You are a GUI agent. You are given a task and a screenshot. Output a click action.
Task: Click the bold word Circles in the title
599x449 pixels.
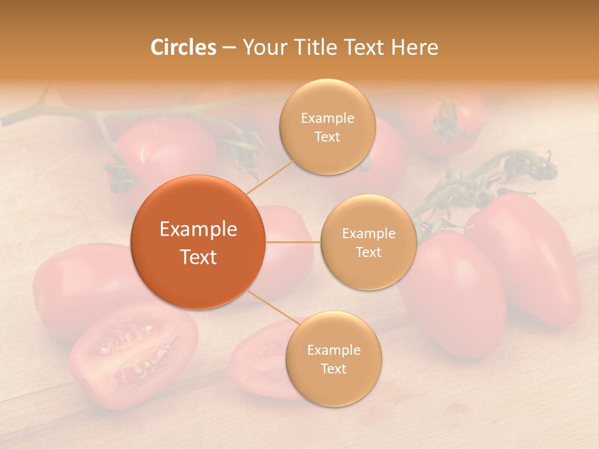(183, 47)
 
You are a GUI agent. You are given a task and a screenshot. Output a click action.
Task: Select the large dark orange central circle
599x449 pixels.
(198, 242)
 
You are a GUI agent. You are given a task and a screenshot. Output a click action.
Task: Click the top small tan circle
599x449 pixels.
(328, 127)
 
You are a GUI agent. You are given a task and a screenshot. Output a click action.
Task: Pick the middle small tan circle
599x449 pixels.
(369, 242)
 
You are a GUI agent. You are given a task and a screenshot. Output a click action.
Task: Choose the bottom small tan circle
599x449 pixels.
(333, 359)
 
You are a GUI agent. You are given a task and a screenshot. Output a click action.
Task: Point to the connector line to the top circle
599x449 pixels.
(271, 175)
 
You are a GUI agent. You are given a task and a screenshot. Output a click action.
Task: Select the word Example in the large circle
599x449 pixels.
(198, 229)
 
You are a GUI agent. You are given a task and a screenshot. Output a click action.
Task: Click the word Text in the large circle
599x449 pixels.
(198, 257)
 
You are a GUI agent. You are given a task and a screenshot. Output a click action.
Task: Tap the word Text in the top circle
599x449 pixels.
(328, 137)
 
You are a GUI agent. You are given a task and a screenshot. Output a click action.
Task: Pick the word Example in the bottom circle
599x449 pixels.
(333, 350)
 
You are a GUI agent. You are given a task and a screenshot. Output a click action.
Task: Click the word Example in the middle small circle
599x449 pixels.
(369, 233)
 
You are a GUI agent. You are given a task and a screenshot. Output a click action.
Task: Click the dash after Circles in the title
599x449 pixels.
(229, 47)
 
